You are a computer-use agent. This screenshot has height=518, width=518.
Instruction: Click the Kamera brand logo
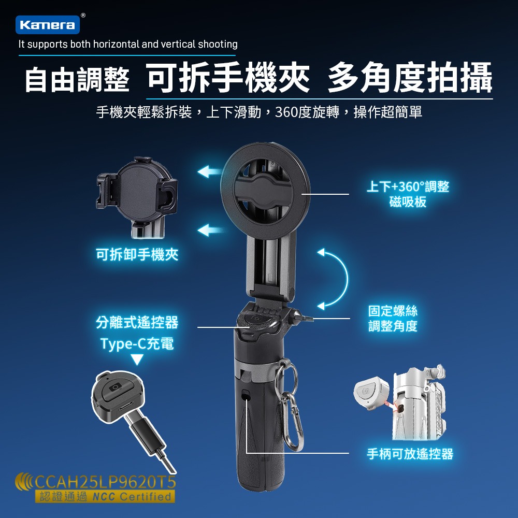48,24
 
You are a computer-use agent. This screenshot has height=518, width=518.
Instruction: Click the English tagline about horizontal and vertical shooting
128,45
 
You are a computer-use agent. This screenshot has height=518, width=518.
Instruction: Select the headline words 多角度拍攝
409,78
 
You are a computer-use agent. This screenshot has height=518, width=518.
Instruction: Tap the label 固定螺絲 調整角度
393,318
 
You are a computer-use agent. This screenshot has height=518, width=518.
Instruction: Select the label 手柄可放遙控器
410,454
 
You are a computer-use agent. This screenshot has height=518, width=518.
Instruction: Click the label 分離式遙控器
137,323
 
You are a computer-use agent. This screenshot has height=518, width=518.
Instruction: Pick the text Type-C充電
137,343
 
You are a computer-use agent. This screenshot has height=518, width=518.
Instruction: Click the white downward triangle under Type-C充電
137,359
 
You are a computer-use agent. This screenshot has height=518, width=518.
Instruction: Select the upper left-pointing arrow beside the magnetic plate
210,171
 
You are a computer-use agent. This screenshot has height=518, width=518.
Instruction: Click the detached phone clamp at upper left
137,194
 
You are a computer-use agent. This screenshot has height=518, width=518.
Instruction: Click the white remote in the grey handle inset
370,393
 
